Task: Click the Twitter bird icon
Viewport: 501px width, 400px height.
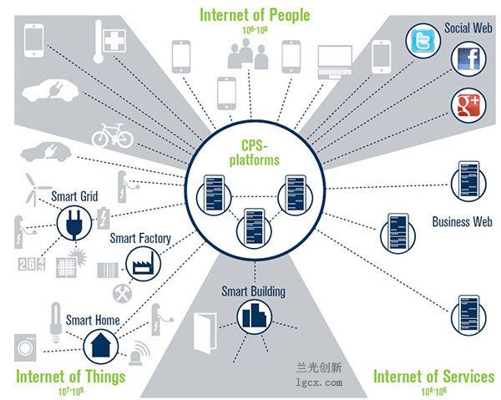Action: point(423,41)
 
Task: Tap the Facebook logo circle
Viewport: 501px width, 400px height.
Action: point(468,59)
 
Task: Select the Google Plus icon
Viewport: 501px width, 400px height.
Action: point(468,105)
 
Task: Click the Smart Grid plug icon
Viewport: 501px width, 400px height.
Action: point(74,223)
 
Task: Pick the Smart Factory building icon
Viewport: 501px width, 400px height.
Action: point(143,264)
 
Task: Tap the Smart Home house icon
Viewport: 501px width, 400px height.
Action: point(101,347)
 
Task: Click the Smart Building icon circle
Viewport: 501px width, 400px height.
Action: point(255,316)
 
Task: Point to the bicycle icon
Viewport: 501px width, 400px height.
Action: point(113,135)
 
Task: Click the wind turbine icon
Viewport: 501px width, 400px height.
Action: point(35,189)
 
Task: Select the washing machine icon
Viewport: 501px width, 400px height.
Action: point(25,347)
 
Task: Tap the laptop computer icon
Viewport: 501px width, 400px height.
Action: point(335,62)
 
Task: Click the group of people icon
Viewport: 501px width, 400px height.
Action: point(248,53)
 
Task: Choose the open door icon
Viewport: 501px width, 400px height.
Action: point(205,333)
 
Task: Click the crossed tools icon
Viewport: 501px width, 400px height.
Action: point(122,293)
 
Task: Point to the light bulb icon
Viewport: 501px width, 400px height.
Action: point(56,322)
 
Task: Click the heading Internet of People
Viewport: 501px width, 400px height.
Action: point(255,15)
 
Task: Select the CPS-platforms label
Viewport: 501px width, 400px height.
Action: point(255,153)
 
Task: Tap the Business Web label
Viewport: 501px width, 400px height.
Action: point(462,222)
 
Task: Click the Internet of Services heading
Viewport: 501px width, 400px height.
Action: point(433,377)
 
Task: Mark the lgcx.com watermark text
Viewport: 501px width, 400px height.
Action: point(319,382)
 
